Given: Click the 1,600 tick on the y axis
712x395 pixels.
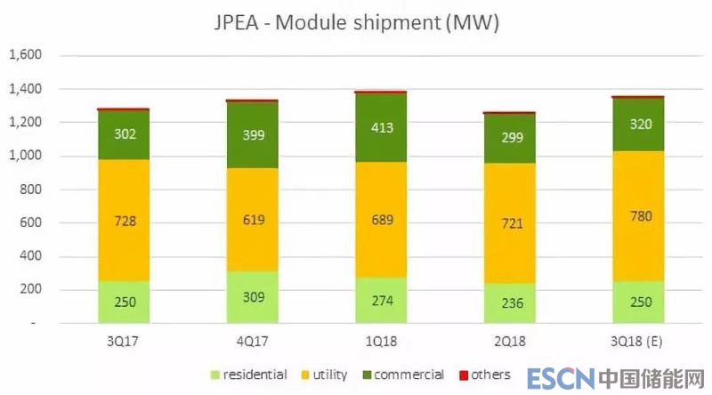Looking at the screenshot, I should [x=25, y=56].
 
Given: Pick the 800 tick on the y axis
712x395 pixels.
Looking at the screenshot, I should [x=31, y=189].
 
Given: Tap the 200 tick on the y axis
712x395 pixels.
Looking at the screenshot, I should [x=31, y=290].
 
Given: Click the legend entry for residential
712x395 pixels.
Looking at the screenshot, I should [x=252, y=375].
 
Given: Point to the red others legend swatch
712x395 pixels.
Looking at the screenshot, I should [x=464, y=375].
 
